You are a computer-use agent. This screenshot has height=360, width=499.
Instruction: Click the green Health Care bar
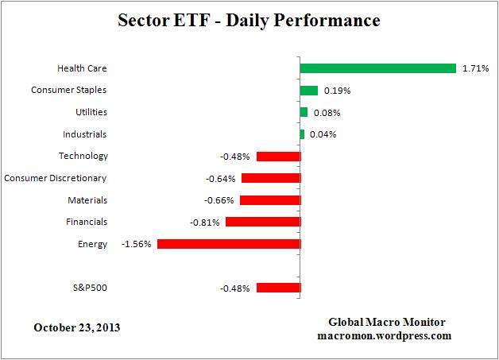(x=377, y=69)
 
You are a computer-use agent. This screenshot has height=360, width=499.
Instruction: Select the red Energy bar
(x=229, y=244)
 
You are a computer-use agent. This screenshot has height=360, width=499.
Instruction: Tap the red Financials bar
(x=263, y=222)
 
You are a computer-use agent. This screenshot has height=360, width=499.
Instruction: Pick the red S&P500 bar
(x=278, y=288)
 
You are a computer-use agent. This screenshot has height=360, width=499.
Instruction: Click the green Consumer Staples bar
(x=308, y=91)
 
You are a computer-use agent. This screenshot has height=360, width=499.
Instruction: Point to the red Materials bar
(x=269, y=200)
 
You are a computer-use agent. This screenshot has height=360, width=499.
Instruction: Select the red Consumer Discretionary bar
(x=270, y=178)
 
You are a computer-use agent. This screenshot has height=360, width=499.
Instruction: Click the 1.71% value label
(x=474, y=69)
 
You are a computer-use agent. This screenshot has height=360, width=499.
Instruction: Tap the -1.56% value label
(x=137, y=244)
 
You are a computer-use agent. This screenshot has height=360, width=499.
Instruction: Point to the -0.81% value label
(x=206, y=223)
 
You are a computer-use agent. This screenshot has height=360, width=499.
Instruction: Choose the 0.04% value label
(x=323, y=134)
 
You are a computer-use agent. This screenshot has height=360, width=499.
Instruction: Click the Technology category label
(x=83, y=156)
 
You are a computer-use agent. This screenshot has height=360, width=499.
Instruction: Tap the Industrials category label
(x=84, y=134)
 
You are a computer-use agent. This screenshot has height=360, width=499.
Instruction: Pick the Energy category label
(x=93, y=244)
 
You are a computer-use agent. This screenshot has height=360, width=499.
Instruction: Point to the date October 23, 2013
(x=78, y=327)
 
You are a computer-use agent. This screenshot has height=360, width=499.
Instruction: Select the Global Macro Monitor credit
(x=387, y=322)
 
